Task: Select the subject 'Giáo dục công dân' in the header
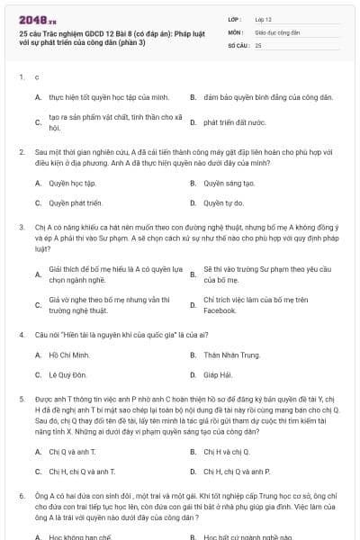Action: tap(276, 31)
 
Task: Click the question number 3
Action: tap(22, 228)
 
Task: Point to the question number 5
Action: tap(22, 397)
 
